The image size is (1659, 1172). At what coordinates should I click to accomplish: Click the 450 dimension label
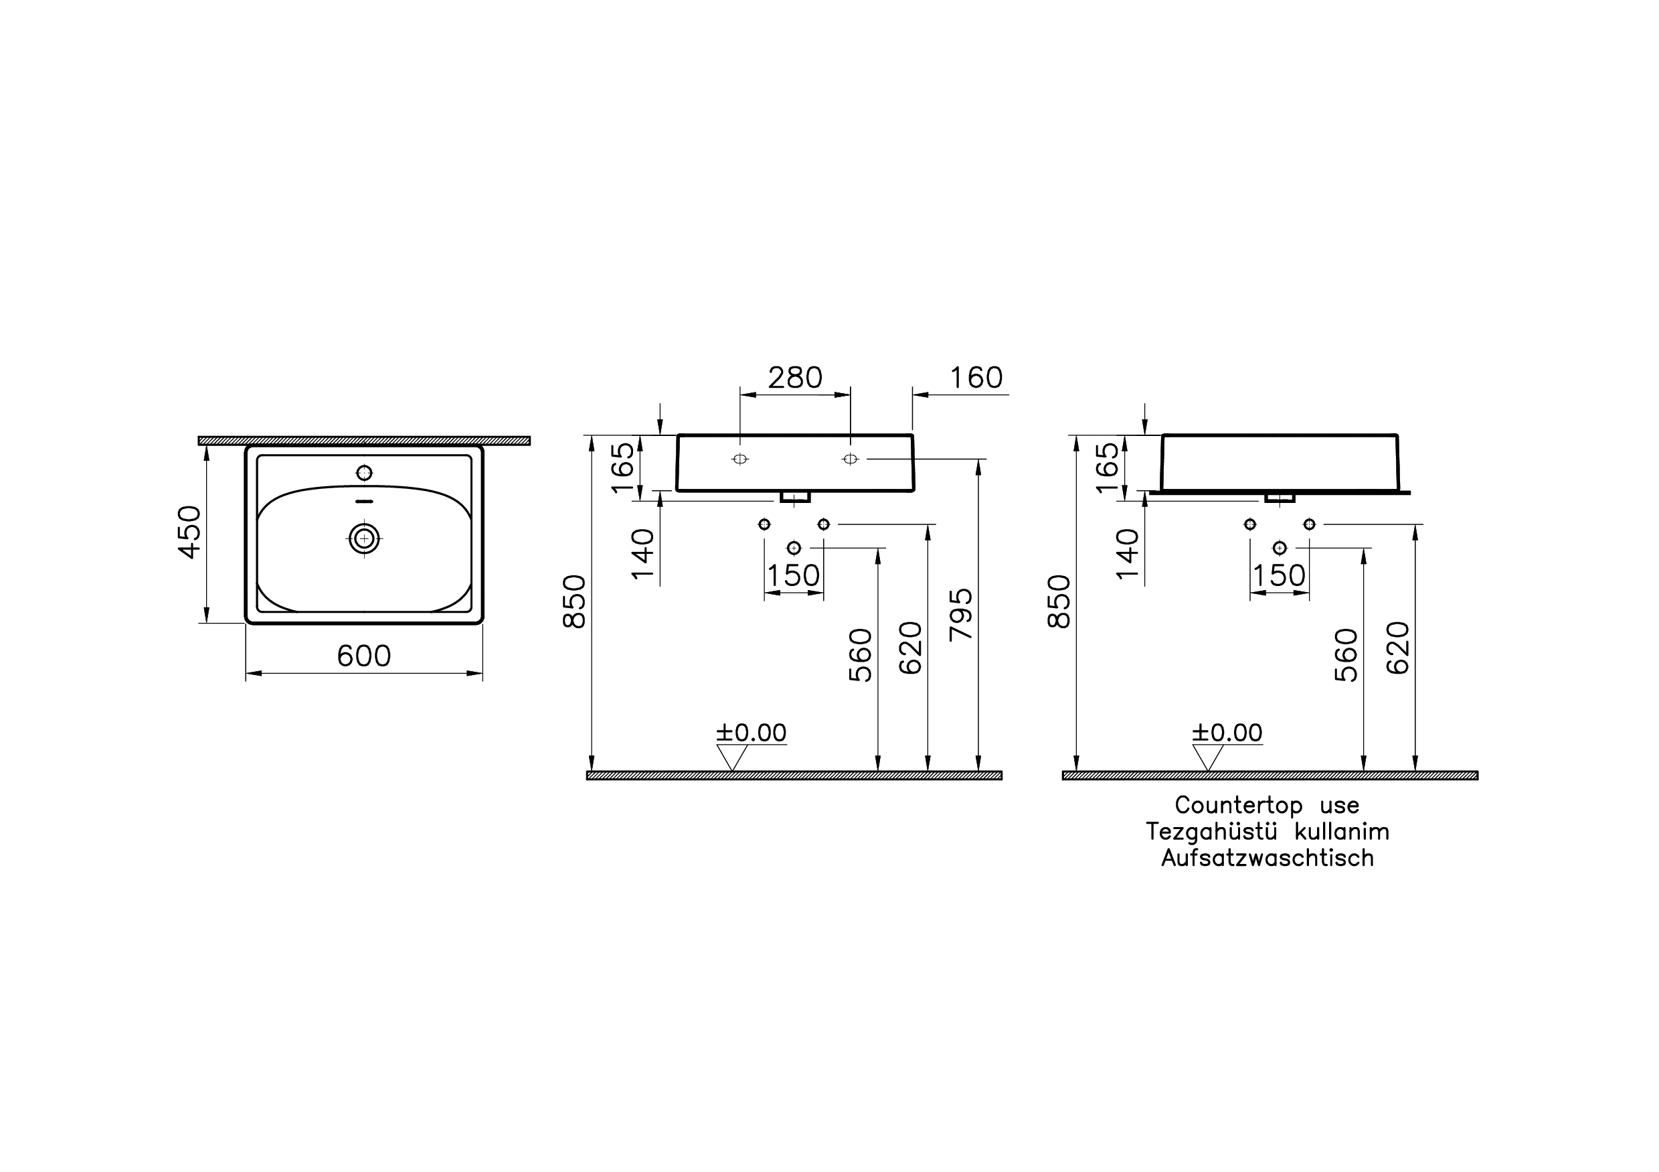(x=189, y=532)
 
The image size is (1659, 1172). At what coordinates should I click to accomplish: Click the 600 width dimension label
(x=364, y=656)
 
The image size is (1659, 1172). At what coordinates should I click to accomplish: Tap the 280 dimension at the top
(x=795, y=378)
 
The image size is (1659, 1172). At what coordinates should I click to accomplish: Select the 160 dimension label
(x=976, y=378)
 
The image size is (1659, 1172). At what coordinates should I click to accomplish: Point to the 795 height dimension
(x=961, y=615)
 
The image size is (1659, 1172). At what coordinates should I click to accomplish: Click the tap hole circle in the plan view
(x=365, y=473)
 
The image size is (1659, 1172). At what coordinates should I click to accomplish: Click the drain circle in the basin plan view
(x=364, y=538)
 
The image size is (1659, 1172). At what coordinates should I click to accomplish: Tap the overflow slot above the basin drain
(x=365, y=501)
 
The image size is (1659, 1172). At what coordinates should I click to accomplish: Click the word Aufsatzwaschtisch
(x=1268, y=858)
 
